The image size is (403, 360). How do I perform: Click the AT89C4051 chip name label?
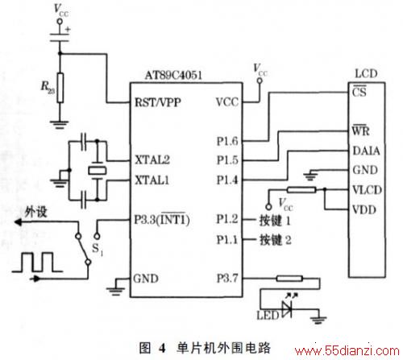click(173, 75)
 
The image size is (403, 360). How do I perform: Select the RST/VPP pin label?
click(158, 102)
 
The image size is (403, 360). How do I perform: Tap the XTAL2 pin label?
click(152, 159)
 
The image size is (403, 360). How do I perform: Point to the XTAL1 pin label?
click(152, 180)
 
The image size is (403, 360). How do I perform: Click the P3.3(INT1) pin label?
click(162, 219)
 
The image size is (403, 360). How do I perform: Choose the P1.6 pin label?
click(227, 141)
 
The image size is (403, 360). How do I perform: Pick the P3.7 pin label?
click(227, 278)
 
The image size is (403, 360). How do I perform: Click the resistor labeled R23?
click(60, 88)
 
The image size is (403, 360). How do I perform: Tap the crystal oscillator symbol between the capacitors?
click(98, 171)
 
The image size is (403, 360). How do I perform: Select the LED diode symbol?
click(287, 309)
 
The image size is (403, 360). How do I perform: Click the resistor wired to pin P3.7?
click(289, 279)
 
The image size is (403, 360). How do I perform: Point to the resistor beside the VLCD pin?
click(301, 190)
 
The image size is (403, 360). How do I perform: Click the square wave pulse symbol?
click(37, 262)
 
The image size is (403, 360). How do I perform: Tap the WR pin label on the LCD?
click(361, 130)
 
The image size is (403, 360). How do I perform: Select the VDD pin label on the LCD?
click(364, 209)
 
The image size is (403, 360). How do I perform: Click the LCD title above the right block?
click(366, 73)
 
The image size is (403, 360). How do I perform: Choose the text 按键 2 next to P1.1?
click(276, 240)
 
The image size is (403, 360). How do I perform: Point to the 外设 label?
click(35, 212)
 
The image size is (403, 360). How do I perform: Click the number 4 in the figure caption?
click(162, 348)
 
